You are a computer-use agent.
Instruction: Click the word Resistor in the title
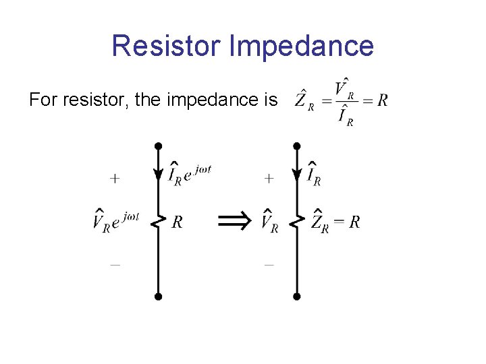click(x=167, y=46)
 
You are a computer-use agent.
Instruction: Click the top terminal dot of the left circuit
click(x=158, y=146)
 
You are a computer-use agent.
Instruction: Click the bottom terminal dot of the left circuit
click(x=158, y=296)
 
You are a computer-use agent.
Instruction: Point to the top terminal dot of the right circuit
click(x=296, y=146)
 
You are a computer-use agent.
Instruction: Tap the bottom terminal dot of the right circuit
click(x=296, y=296)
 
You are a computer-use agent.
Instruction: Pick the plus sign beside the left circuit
click(x=115, y=179)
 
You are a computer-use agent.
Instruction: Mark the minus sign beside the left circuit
click(x=115, y=266)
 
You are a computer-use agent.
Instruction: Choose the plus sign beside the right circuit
click(x=269, y=179)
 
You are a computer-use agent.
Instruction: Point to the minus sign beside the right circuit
click(x=269, y=266)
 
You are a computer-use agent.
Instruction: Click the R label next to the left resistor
click(x=177, y=222)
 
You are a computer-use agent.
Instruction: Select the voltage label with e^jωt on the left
click(x=116, y=220)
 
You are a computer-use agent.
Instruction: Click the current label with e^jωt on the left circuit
click(x=190, y=173)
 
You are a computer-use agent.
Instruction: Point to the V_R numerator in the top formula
click(x=344, y=88)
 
